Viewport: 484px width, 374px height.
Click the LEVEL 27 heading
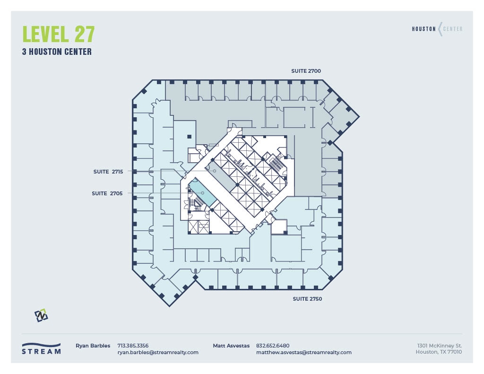point(59,35)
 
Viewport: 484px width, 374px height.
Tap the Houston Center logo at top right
point(437,29)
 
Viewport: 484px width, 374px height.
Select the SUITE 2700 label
point(306,71)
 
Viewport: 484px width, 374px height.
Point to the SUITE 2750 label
point(307,299)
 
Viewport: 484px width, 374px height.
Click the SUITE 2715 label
point(108,172)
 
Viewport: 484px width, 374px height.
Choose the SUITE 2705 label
point(108,193)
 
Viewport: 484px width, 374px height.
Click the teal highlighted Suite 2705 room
point(203,193)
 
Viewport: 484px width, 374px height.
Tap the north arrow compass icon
point(41,315)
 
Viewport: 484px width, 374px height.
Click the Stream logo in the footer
point(42,348)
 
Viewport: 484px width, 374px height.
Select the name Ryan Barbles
point(93,346)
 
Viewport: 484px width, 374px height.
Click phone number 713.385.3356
point(133,346)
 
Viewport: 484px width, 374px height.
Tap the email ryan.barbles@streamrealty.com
point(158,352)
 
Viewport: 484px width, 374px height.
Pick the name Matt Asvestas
point(231,346)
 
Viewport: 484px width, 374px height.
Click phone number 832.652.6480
point(273,346)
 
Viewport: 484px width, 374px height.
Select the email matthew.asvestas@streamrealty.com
point(303,352)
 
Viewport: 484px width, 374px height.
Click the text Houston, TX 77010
point(439,352)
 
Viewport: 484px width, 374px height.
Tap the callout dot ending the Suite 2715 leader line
point(214,171)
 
